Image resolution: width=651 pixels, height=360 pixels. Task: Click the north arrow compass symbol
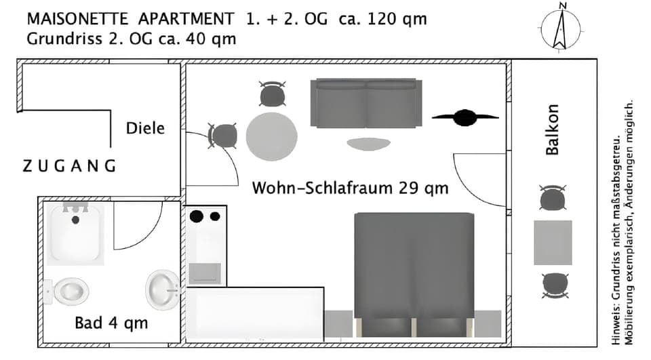pos(561,26)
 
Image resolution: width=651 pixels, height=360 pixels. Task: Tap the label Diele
pos(145,127)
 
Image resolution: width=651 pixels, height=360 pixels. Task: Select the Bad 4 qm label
pos(111,323)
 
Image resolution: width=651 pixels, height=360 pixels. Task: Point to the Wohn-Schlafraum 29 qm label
pos(350,188)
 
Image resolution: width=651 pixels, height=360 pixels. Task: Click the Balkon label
pos(553,129)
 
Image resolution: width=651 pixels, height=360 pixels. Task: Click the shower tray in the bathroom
pos(76,235)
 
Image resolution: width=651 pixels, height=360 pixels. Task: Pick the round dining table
pos(272,136)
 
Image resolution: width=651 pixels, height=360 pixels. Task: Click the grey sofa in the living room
pos(367,103)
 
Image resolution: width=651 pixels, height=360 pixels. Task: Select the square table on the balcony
pos(553,242)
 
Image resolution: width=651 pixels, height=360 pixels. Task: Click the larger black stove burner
pos(197,216)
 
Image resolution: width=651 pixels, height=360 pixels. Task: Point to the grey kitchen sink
pos(204,273)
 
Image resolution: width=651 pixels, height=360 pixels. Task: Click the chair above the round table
pos(272,94)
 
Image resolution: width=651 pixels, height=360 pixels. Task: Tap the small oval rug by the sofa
pos(368,144)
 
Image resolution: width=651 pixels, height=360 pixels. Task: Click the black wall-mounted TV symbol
pos(465,117)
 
